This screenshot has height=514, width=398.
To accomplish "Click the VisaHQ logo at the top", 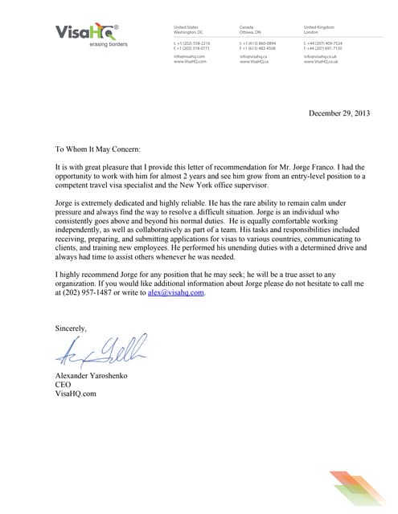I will pyautogui.click(x=86, y=32).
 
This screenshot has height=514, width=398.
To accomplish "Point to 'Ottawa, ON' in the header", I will pyautogui.click(x=251, y=32).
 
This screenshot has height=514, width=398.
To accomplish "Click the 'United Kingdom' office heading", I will pyautogui.click(x=320, y=27).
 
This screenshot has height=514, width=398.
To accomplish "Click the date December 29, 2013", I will pyautogui.click(x=340, y=114).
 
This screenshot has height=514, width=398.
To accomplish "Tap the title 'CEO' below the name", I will pyautogui.click(x=63, y=384).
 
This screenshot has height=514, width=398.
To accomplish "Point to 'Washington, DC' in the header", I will pyautogui.click(x=189, y=32).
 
